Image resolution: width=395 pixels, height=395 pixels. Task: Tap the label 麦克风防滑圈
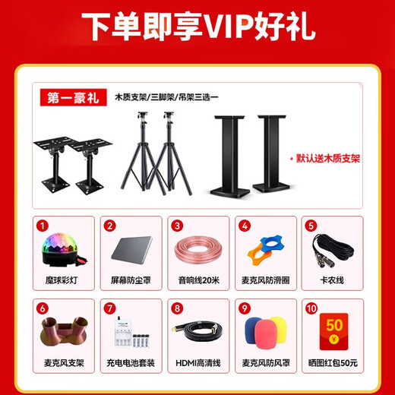click(x=264, y=280)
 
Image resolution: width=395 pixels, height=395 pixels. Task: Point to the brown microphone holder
click(x=65, y=335)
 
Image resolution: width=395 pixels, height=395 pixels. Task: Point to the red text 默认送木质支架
click(x=327, y=160)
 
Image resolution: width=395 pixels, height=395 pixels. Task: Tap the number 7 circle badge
click(x=110, y=309)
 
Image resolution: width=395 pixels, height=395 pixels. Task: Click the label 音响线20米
click(x=197, y=280)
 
